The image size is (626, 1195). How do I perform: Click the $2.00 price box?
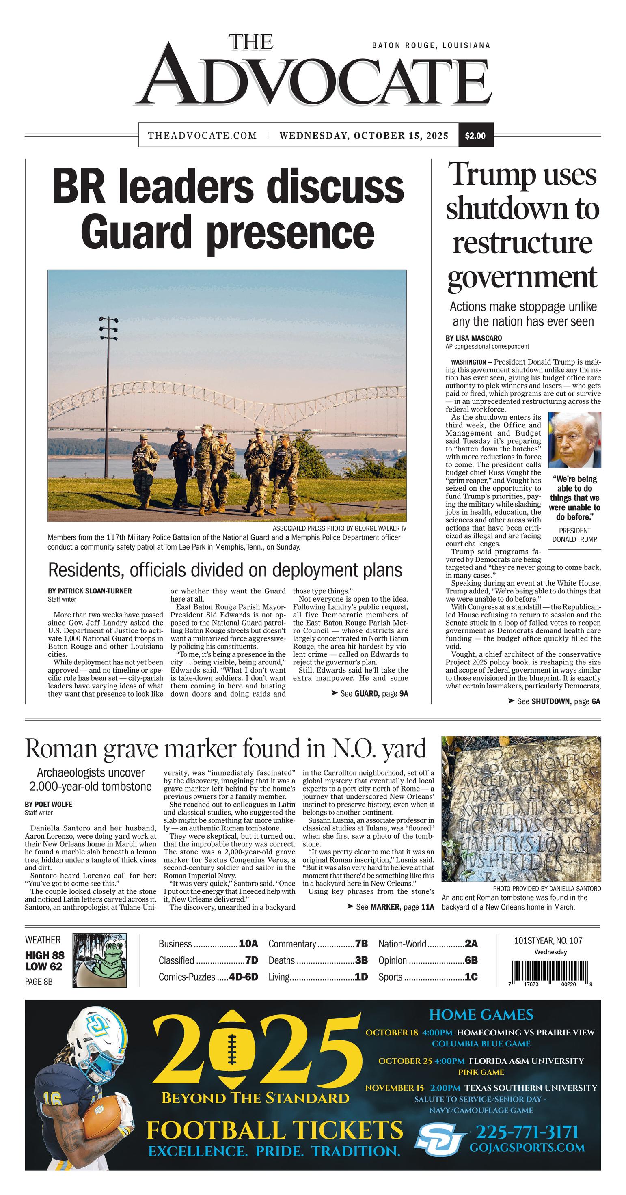[475, 136]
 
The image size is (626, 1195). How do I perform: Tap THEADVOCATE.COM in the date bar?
[202, 136]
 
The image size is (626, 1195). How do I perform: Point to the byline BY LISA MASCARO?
[473, 338]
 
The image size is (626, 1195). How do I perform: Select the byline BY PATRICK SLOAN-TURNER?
[90, 591]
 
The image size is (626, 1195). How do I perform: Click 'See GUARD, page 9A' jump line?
[369, 694]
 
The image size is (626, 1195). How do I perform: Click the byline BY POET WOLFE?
[48, 805]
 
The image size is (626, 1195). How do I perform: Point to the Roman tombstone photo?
[521, 809]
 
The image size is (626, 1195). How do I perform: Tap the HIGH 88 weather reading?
[45, 955]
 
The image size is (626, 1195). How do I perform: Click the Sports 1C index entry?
[427, 977]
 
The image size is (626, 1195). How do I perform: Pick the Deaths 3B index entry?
[318, 960]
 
